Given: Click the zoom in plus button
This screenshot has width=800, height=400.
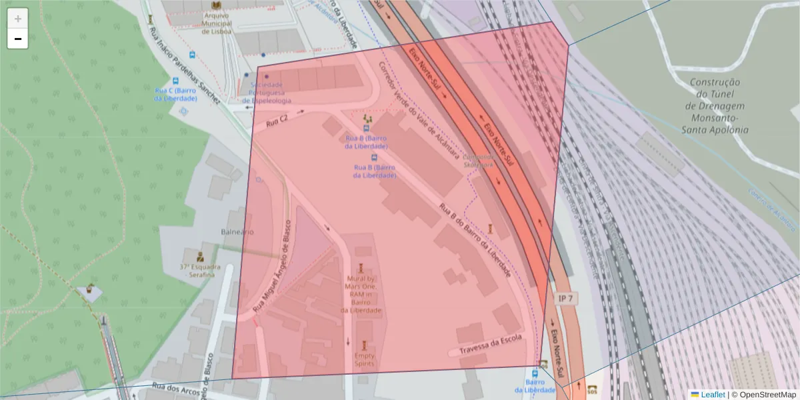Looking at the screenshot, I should (x=18, y=19).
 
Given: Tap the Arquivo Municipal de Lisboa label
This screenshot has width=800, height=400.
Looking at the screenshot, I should (x=207, y=22).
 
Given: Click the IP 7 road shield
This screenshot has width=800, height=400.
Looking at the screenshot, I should (x=565, y=299).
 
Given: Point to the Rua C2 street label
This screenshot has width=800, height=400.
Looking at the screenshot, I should (x=277, y=121).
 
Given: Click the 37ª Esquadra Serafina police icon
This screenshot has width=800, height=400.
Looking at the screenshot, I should (x=199, y=256).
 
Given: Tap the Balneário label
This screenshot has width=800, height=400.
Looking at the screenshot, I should (x=237, y=231).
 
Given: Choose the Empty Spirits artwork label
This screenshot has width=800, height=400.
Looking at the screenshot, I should (x=363, y=360).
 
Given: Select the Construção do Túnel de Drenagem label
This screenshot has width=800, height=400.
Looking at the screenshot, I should (x=716, y=106).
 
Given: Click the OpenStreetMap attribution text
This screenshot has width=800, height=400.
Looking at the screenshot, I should (x=764, y=395).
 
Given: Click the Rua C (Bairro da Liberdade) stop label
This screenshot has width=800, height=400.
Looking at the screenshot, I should (x=175, y=94).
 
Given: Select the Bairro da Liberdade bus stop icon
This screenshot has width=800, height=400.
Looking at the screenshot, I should (x=537, y=374).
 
